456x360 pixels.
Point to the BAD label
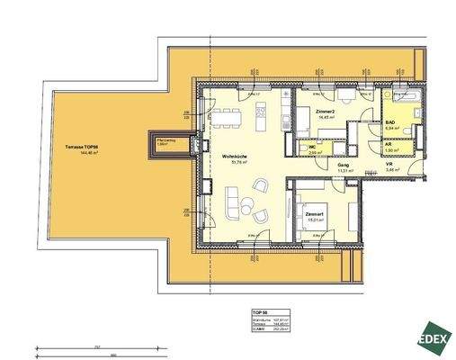pos(391,121)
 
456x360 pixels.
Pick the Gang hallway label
pos(343,165)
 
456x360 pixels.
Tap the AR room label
pos(389,143)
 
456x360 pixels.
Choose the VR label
pos(389,164)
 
